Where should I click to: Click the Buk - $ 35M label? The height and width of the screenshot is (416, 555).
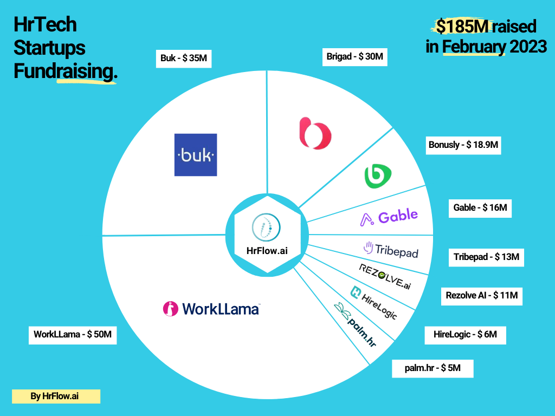[x=184, y=58]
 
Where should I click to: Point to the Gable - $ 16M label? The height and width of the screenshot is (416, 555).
[x=480, y=207]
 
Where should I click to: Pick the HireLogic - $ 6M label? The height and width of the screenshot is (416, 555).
[x=465, y=335]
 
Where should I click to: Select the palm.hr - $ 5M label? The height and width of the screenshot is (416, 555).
[x=433, y=368]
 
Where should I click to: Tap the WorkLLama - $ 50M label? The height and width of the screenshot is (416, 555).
[x=73, y=335]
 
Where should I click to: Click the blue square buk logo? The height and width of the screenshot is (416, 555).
[x=196, y=155]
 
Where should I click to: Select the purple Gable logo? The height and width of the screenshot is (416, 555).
[x=389, y=217]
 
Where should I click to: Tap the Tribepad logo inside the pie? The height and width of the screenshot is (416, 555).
[x=391, y=250]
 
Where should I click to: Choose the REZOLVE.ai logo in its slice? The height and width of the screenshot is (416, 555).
[x=385, y=276]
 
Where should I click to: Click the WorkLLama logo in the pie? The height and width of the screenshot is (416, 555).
[x=211, y=308]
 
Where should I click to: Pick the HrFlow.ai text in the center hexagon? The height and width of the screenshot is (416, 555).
[x=267, y=250]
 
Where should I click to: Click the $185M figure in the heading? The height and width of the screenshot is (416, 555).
[x=458, y=26]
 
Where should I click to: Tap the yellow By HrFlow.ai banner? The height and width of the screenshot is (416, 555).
[x=56, y=396]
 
